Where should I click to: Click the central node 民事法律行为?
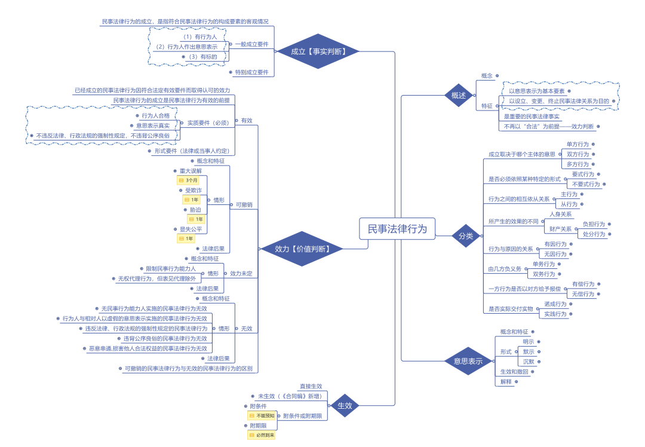click(397, 229)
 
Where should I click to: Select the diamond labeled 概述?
click(459, 96)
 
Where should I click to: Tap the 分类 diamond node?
click(466, 235)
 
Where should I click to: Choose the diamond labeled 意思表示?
click(468, 361)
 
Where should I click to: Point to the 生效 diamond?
click(345, 406)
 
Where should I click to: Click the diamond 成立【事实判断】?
click(318, 51)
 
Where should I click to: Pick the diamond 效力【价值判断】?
click(302, 248)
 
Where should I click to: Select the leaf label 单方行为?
click(578, 145)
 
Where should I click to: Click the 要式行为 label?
click(583, 174)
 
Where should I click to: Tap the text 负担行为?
click(594, 224)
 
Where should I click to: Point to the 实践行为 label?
click(555, 314)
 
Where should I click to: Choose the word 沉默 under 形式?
click(529, 362)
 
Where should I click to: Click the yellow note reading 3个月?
click(191, 180)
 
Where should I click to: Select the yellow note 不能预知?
click(262, 415)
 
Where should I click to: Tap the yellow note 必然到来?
click(262, 435)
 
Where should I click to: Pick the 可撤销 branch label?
click(244, 204)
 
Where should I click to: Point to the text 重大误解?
click(191, 171)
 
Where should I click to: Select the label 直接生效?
click(311, 387)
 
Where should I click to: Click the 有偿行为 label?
click(583, 284)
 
